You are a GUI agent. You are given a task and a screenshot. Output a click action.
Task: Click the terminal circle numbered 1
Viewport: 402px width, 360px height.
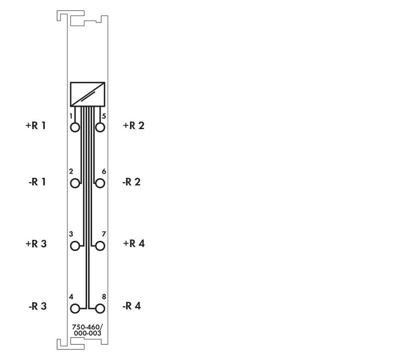click(75, 128)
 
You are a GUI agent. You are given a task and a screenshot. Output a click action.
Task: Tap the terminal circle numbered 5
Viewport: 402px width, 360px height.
click(100, 128)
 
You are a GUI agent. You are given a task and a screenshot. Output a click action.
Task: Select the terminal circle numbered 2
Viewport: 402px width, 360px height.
click(75, 183)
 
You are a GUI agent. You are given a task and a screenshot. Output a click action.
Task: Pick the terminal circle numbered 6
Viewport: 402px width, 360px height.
click(100, 183)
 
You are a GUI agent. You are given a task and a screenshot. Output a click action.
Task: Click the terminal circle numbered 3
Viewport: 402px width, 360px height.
click(75, 246)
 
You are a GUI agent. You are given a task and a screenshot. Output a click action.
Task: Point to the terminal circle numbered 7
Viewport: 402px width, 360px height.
click(100, 246)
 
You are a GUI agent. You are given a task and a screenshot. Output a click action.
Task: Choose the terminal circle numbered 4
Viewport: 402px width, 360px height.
click(75, 309)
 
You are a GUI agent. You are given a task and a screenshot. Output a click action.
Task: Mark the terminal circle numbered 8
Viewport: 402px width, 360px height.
click(100, 309)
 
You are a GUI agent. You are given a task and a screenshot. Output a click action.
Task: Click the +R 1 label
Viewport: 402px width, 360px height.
click(36, 125)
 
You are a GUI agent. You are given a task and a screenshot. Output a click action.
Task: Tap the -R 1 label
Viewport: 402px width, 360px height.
click(37, 182)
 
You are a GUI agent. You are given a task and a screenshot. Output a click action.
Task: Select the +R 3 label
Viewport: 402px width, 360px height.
click(36, 244)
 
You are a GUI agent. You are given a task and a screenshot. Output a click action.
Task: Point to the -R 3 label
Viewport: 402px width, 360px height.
click(37, 307)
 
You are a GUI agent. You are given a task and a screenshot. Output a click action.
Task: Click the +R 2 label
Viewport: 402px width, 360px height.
click(133, 125)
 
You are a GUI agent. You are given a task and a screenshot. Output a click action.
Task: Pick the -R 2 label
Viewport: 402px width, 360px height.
click(131, 182)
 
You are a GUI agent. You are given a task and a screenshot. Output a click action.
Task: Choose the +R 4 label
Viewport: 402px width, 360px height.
click(134, 244)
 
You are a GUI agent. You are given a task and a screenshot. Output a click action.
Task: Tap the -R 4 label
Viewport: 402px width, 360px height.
click(131, 307)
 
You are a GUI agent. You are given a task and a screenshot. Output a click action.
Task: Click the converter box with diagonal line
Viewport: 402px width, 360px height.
click(88, 94)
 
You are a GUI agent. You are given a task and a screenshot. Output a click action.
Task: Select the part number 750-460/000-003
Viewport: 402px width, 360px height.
click(87, 330)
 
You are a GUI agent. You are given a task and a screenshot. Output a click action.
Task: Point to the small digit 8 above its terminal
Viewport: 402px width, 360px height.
click(104, 297)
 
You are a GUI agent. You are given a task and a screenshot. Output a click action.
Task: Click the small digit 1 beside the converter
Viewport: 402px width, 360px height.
click(71, 116)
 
